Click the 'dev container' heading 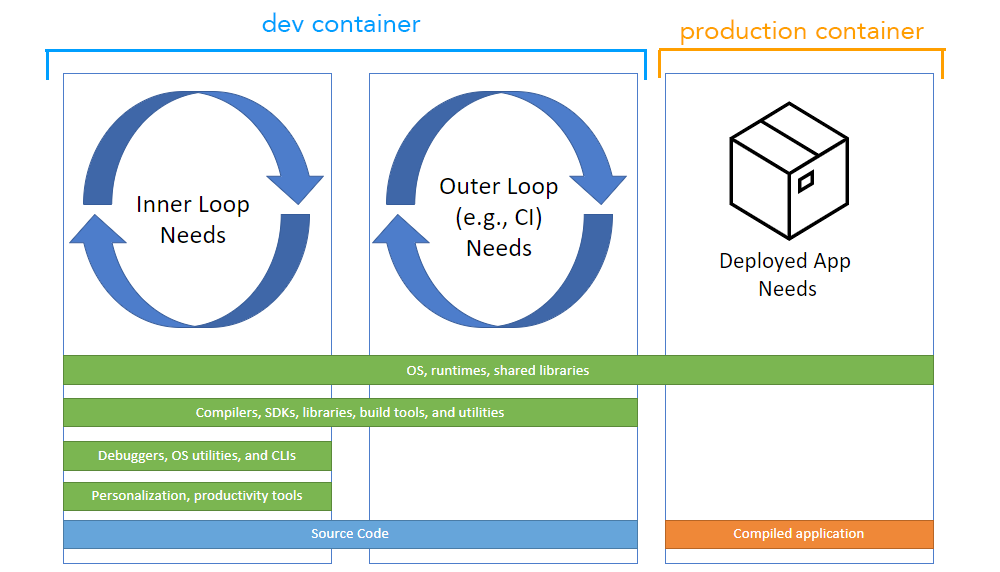pyautogui.click(x=341, y=23)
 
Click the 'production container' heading pyautogui.click(x=801, y=31)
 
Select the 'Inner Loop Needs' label pyautogui.click(x=193, y=220)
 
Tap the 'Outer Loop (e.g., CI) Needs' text pyautogui.click(x=499, y=217)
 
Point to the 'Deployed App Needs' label pyautogui.click(x=786, y=275)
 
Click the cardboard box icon pyautogui.click(x=789, y=171)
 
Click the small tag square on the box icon pyautogui.click(x=805, y=181)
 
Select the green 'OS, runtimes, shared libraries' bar pyautogui.click(x=498, y=370)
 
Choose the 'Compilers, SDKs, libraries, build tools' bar pyautogui.click(x=350, y=412)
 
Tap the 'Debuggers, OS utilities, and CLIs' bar pyautogui.click(x=197, y=455)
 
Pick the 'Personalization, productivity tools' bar pyautogui.click(x=197, y=496)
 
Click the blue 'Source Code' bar pyautogui.click(x=350, y=534)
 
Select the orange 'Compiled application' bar pyautogui.click(x=798, y=534)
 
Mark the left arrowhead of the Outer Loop pyautogui.click(x=400, y=230)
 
